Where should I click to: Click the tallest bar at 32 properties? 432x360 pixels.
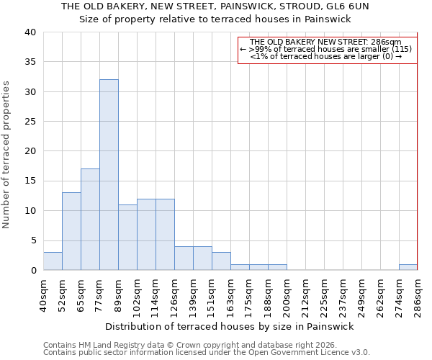109,175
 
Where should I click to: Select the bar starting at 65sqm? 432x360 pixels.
90,220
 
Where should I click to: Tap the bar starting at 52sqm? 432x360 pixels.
71,231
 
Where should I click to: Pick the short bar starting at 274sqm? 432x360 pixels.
408,267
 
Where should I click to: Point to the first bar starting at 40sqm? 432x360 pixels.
53,261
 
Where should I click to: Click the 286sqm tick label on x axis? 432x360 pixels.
418,295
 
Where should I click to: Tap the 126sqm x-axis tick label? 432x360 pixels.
174,295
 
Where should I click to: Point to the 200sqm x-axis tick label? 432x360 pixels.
287,295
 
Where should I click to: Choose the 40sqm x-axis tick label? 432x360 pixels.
43,295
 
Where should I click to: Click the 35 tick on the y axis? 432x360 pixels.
30,62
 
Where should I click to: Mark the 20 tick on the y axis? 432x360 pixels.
30,151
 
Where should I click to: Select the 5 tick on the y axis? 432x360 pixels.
32,240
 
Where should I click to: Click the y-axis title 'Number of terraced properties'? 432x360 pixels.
6,154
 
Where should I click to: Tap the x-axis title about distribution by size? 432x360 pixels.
230,326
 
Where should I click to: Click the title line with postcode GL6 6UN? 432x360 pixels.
215,6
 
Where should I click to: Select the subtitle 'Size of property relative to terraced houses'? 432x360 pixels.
215,19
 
